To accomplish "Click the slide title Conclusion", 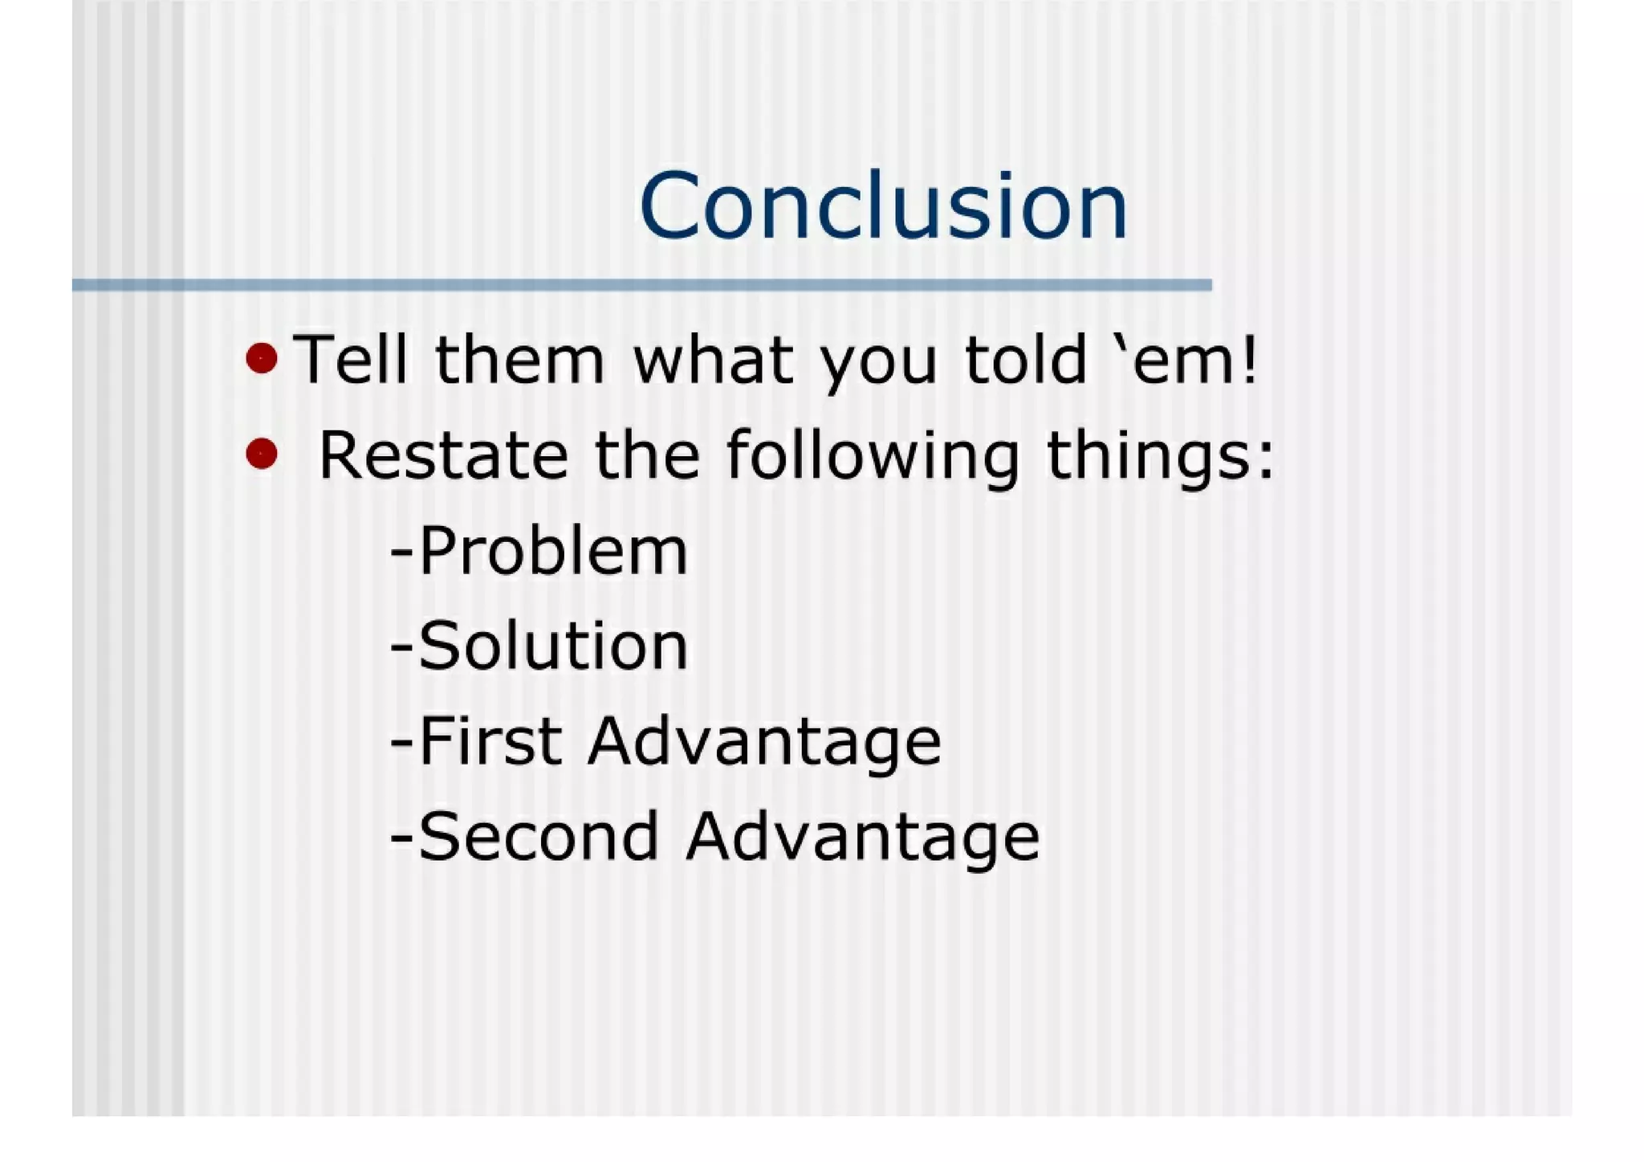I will (x=884, y=206).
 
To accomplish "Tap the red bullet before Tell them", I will (x=262, y=358).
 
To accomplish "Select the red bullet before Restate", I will (x=262, y=454).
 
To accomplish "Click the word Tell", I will (x=351, y=360).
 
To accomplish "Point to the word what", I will (x=714, y=360).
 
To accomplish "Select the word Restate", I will (x=442, y=455).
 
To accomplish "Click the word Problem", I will (x=553, y=552).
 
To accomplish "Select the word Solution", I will (x=553, y=646).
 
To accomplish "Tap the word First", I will (x=490, y=741).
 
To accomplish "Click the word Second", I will (x=539, y=837).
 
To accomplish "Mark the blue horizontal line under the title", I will (x=642, y=285).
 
